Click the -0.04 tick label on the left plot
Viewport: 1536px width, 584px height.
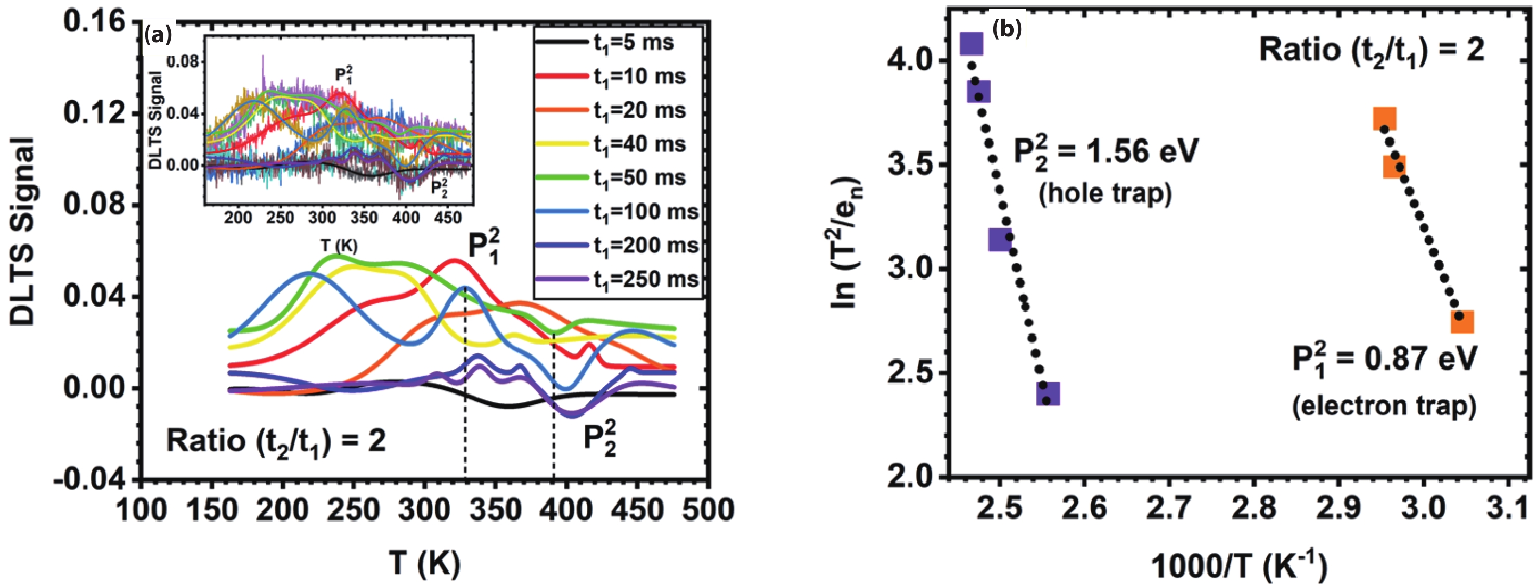89,481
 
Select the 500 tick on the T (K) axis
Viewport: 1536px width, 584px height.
708,510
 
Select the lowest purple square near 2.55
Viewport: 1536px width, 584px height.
1048,393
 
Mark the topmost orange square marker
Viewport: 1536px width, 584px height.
1384,119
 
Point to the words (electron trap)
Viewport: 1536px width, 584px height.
1384,405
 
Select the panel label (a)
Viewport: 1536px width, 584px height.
158,36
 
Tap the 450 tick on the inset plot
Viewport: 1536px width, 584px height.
448,218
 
